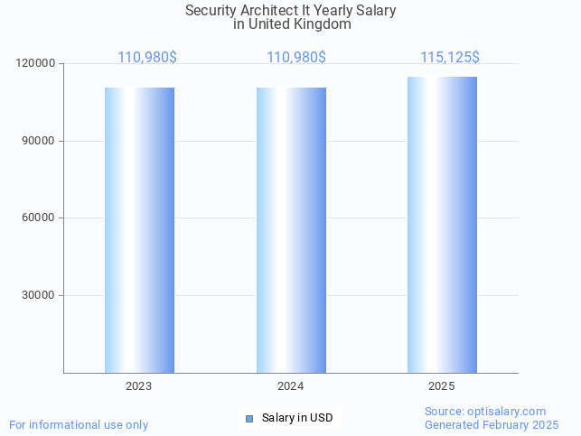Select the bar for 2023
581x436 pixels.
click(x=139, y=230)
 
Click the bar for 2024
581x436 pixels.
click(x=291, y=230)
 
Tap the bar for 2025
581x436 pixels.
click(x=442, y=225)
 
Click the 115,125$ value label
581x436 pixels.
click(x=449, y=58)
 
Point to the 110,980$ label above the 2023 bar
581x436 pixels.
click(x=147, y=58)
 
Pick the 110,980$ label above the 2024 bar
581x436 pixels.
click(x=296, y=58)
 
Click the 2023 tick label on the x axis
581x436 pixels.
click(x=139, y=386)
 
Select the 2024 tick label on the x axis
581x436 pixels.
click(x=291, y=386)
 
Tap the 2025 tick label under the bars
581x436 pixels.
click(x=442, y=386)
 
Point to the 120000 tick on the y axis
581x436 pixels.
click(x=36, y=64)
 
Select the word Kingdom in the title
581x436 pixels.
click(x=323, y=24)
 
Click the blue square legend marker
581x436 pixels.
click(x=249, y=418)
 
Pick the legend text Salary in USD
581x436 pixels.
click(x=297, y=418)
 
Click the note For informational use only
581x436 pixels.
click(x=79, y=424)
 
